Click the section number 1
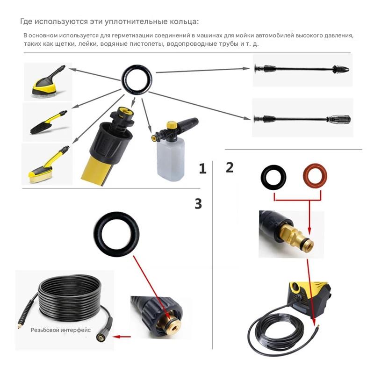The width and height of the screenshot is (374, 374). [202, 169]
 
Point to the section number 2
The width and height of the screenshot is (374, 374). [230, 167]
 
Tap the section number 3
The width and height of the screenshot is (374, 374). [198, 203]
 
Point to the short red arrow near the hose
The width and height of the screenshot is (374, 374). [122, 336]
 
